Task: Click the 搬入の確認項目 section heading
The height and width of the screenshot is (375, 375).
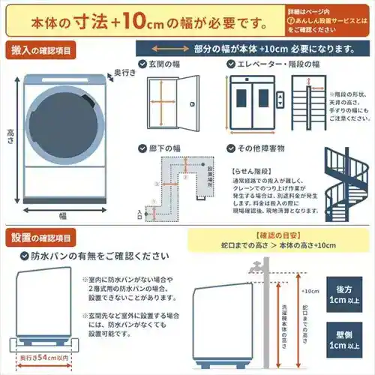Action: pos(41,50)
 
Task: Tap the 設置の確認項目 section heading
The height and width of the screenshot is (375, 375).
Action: pos(41,238)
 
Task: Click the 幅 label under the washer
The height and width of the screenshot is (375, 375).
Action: pos(64,214)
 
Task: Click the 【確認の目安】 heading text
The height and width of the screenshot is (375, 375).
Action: pos(257,235)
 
